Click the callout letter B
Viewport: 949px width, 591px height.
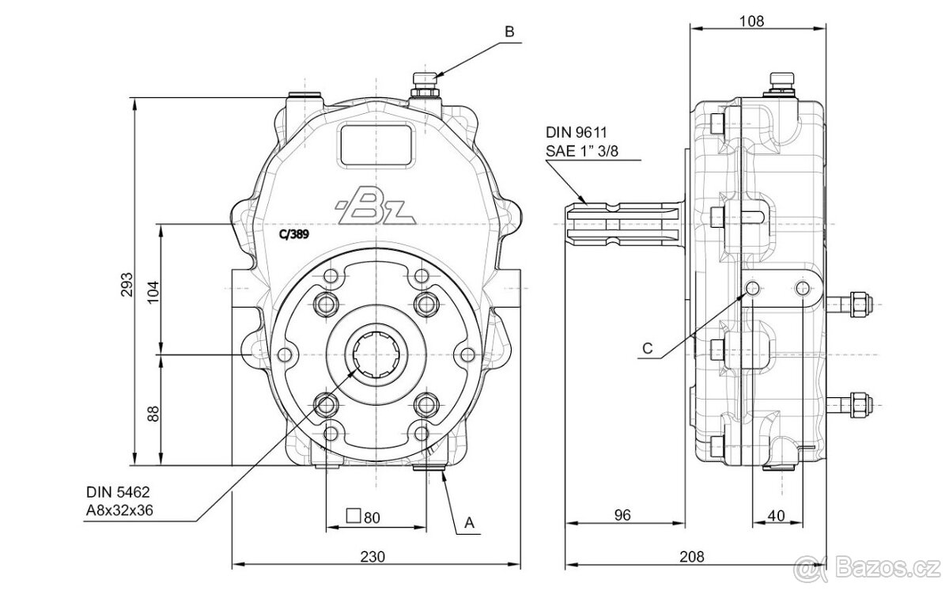[510, 32]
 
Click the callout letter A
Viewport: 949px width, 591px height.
[469, 523]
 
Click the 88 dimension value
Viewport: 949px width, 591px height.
[153, 412]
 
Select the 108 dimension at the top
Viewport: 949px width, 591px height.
[751, 21]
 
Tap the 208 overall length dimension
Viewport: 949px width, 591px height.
[692, 556]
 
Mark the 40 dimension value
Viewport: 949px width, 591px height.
[776, 515]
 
